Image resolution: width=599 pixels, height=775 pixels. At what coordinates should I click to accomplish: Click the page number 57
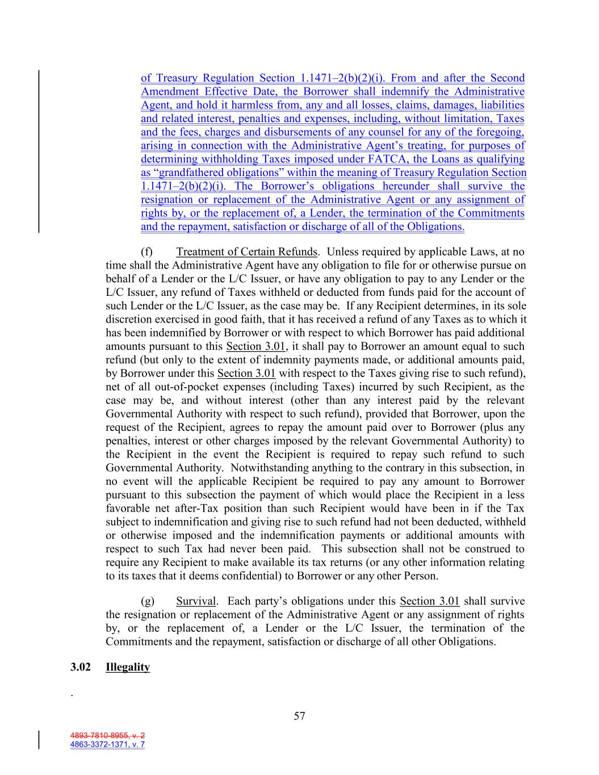click(x=299, y=716)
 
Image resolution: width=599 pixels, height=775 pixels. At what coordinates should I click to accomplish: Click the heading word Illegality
click(x=128, y=667)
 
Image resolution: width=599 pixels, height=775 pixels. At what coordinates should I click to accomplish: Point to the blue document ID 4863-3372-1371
click(x=107, y=744)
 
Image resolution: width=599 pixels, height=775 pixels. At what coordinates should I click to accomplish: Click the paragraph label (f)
click(x=146, y=252)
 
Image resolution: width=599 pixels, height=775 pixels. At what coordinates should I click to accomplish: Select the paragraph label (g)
click(x=147, y=601)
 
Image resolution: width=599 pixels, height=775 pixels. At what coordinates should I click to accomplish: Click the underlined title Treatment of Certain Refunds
click(x=246, y=252)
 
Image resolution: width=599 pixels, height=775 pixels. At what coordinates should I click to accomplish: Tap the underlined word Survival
click(x=196, y=601)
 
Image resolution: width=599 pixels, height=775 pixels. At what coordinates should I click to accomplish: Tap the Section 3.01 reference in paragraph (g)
click(x=429, y=601)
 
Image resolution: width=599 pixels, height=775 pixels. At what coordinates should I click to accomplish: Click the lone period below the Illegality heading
click(x=72, y=694)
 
